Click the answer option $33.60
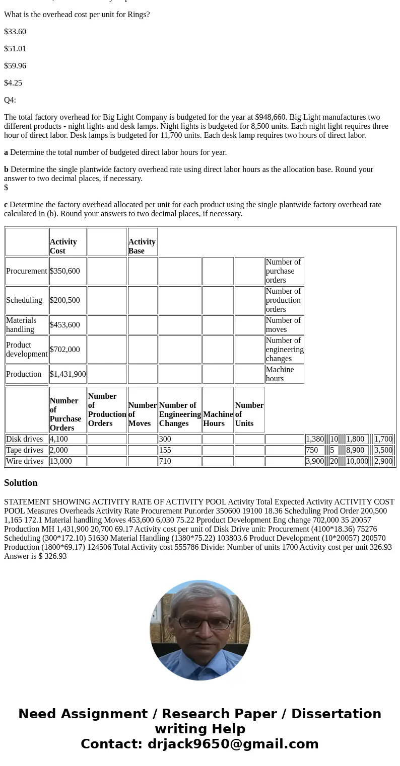[x=15, y=32]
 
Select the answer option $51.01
[x=15, y=49]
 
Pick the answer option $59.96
[x=15, y=66]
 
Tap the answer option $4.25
[x=13, y=83]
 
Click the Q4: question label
[x=10, y=100]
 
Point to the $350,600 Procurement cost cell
[x=65, y=271]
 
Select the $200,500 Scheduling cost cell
[x=65, y=300]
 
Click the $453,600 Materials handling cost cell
[x=65, y=325]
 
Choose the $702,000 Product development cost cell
[x=65, y=350]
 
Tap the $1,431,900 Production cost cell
[x=68, y=374]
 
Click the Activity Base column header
[x=142, y=246]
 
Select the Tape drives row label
[x=25, y=450]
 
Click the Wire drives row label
[x=25, y=461]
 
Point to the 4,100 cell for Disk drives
[x=59, y=439]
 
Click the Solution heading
[x=21, y=483]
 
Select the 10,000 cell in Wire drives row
[x=357, y=461]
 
